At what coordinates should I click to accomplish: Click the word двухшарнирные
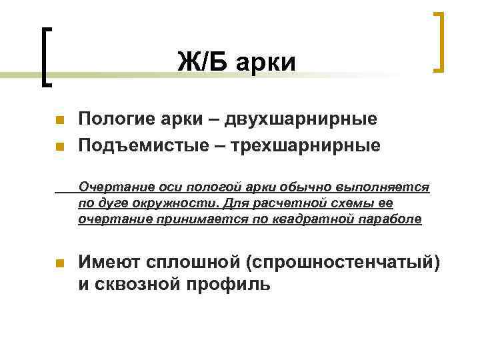coord(300,120)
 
